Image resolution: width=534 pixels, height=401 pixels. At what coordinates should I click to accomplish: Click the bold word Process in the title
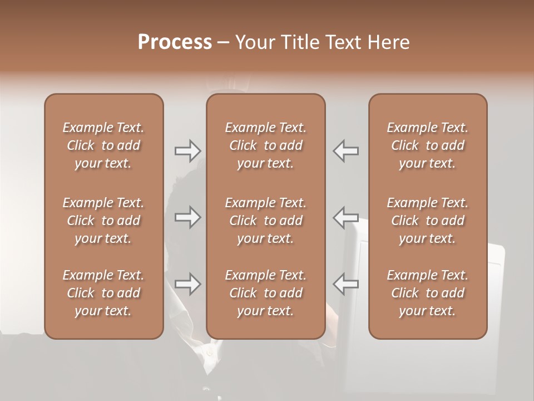(x=175, y=42)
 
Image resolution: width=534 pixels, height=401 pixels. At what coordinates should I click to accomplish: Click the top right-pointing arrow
(x=187, y=150)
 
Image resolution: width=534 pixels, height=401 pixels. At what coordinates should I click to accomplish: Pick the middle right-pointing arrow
(x=187, y=217)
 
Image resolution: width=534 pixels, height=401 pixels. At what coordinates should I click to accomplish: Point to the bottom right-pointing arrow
(x=187, y=283)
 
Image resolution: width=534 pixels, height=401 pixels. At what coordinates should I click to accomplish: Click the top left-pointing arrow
(x=345, y=150)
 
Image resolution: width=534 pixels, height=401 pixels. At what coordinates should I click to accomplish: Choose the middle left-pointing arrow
(x=345, y=217)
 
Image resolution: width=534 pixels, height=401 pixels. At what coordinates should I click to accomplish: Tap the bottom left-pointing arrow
(x=345, y=283)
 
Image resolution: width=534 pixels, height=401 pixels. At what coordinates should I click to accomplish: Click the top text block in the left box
(x=103, y=145)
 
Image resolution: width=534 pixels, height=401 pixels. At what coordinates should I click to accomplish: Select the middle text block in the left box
(x=103, y=221)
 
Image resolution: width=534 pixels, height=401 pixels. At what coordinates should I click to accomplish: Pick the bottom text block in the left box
(x=103, y=293)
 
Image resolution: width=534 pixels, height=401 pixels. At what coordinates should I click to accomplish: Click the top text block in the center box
(x=266, y=145)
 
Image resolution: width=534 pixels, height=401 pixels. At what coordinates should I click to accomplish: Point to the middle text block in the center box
(x=266, y=221)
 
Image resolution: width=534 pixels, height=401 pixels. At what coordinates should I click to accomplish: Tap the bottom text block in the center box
(x=266, y=293)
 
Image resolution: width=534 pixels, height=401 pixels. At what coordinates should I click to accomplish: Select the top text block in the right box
(x=428, y=145)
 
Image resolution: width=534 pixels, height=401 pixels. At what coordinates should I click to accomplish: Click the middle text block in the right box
(x=428, y=221)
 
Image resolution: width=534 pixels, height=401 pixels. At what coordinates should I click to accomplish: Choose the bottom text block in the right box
(x=428, y=293)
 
